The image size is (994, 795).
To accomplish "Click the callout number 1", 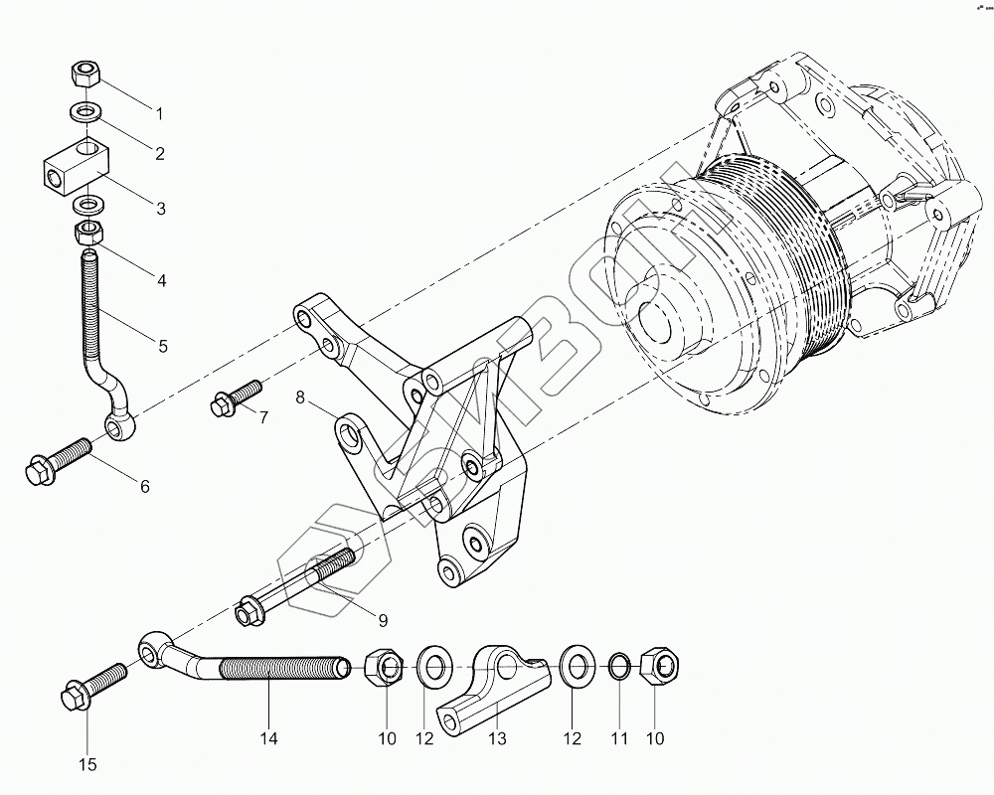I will (x=157, y=106).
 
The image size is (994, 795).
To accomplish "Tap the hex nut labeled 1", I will (x=86, y=74).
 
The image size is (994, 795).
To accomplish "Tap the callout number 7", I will (x=263, y=416).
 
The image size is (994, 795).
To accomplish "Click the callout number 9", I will (x=382, y=621).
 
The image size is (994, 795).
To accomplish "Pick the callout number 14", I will (x=268, y=738).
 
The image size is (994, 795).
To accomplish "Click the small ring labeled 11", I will (x=615, y=667).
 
